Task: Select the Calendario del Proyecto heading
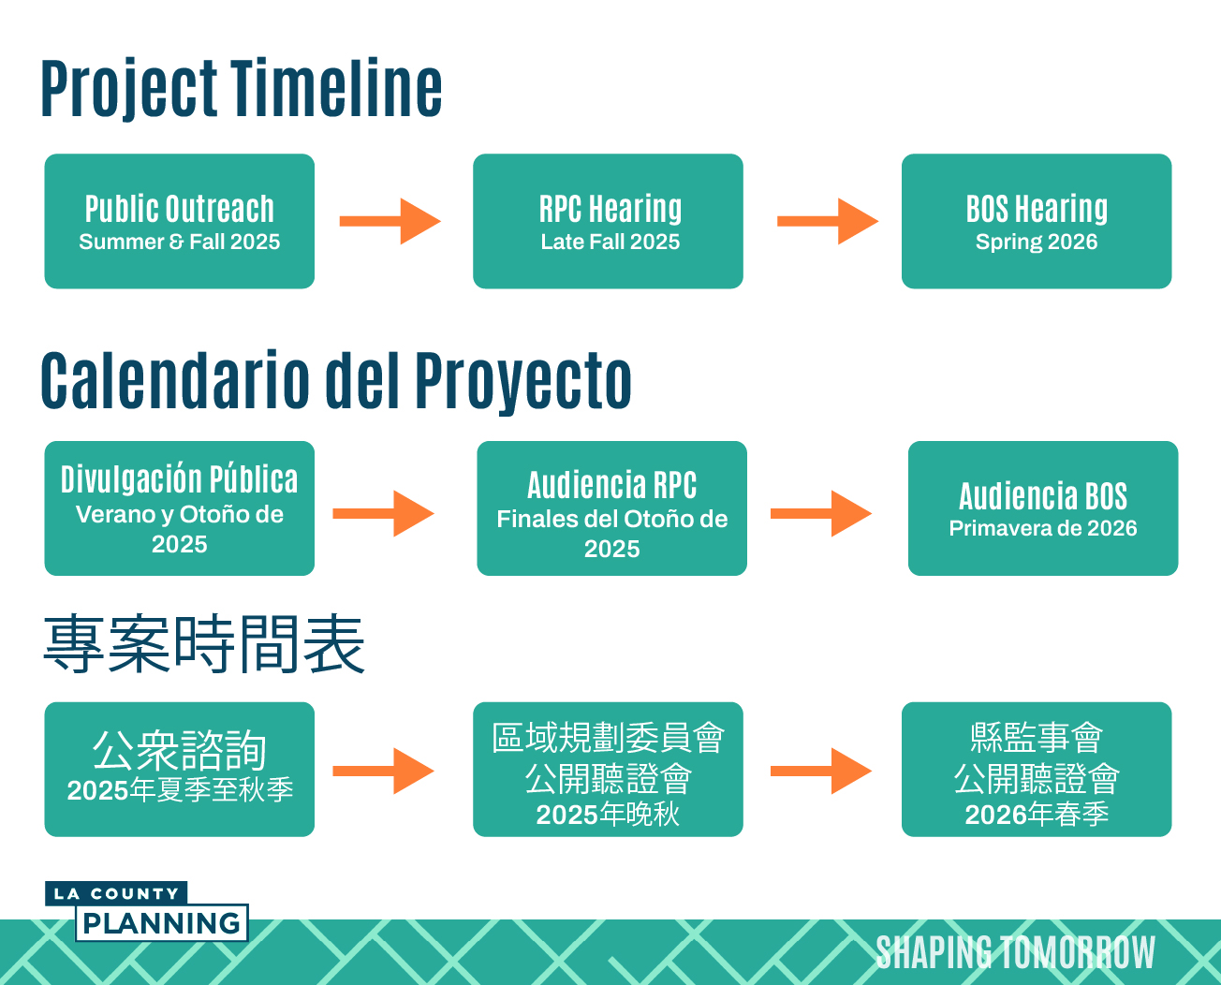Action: (336, 381)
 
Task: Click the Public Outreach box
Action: (179, 221)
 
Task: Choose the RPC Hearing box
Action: (608, 221)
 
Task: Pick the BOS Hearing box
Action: (1037, 221)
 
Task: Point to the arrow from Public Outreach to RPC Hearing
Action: (390, 221)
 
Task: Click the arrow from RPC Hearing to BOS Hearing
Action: (828, 221)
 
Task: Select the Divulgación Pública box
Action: (179, 508)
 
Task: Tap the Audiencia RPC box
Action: (611, 508)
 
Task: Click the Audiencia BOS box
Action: (1043, 508)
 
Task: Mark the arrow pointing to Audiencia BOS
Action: (821, 513)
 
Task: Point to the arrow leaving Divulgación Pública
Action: (384, 513)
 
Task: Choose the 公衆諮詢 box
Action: (179, 770)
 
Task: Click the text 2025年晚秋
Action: (608, 815)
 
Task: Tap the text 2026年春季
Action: (1037, 815)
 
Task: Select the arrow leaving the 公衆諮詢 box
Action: (384, 771)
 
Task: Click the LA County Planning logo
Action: (146, 911)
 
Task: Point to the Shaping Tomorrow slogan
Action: (1016, 952)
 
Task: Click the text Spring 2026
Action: (1037, 243)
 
